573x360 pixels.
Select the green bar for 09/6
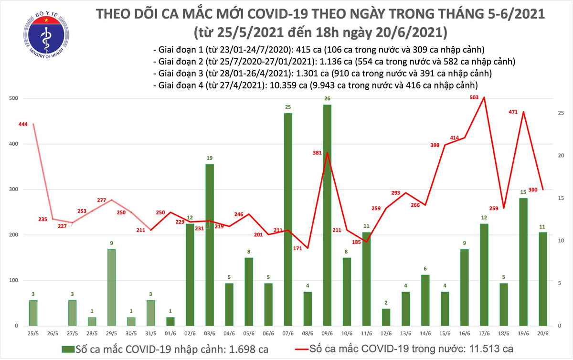pos(327,215)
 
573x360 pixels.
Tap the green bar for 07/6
pos(288,220)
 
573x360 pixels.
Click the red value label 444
pos(22,125)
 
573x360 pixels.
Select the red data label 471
pos(516,113)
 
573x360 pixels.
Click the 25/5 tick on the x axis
pos(33,333)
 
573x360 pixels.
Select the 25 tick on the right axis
pos(562,113)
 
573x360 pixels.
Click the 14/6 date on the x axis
pos(425,333)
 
